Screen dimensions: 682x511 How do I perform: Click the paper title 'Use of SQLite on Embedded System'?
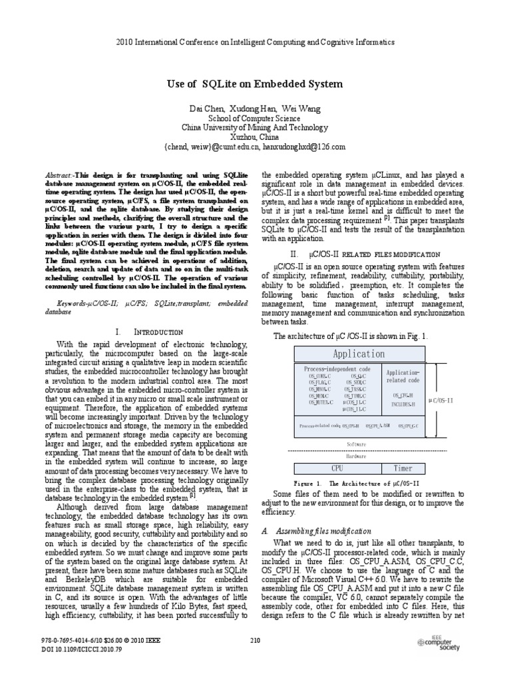255,84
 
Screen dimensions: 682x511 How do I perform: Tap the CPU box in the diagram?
337,468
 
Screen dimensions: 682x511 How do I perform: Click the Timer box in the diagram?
403,468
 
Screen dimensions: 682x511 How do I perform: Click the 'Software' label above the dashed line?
357,443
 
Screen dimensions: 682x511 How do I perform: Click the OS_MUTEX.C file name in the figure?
322,402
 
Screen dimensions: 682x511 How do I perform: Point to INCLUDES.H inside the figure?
403,404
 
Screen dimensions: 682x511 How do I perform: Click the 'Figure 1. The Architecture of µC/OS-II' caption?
356,482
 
